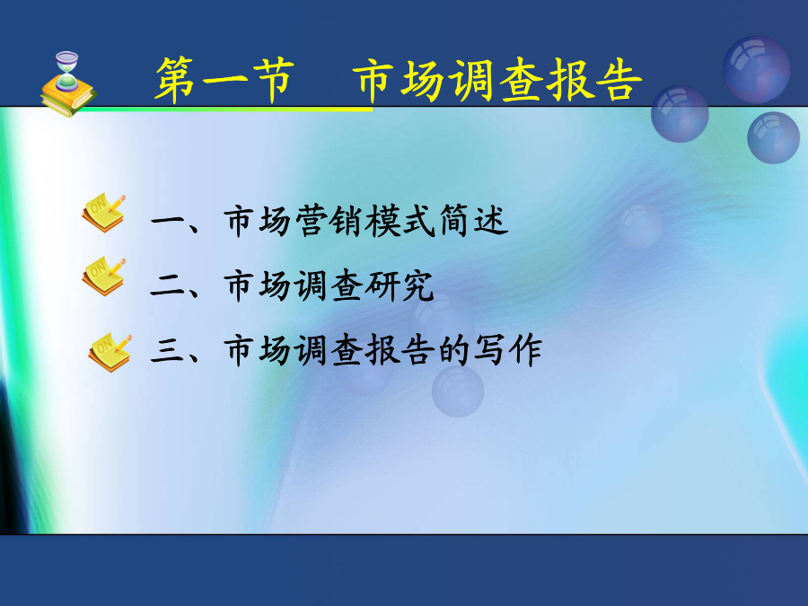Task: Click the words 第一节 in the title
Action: [x=225, y=80]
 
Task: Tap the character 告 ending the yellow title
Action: [x=619, y=80]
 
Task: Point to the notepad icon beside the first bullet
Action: [x=103, y=212]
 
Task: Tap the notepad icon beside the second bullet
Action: [x=103, y=277]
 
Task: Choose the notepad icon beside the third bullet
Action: [x=110, y=352]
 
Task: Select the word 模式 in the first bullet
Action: [x=401, y=221]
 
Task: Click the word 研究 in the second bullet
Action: [x=400, y=285]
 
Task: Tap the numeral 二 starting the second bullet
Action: [x=168, y=286]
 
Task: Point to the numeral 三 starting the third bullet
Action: [x=168, y=351]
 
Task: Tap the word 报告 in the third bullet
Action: [x=400, y=350]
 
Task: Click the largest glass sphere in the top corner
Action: [x=756, y=69]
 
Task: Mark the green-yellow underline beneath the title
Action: [x=227, y=110]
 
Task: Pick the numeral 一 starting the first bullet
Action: [x=168, y=222]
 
